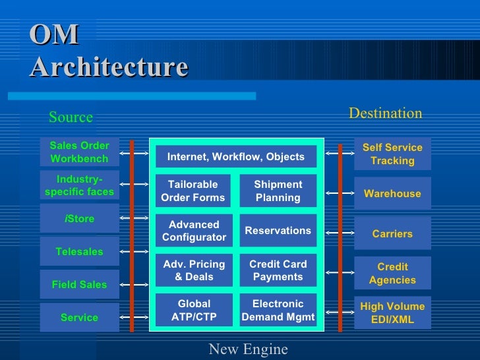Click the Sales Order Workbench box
[x=79, y=152]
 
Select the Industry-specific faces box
[x=79, y=185]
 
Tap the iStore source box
[x=79, y=219]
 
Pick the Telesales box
[x=79, y=251]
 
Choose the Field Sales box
[x=79, y=285]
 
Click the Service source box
[x=79, y=317]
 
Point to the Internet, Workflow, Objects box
[x=236, y=156]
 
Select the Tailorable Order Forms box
[x=193, y=191]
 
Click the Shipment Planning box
[x=278, y=191]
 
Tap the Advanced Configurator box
[x=194, y=231]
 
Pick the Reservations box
[x=278, y=231]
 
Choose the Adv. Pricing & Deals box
[x=194, y=270]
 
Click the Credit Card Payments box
[x=278, y=270]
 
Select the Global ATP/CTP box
[x=194, y=311]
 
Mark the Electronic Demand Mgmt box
[x=278, y=311]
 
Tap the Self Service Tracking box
[x=392, y=154]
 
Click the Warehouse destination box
[x=392, y=194]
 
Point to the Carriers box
[x=392, y=233]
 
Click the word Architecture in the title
[x=109, y=67]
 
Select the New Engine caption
[x=248, y=349]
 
